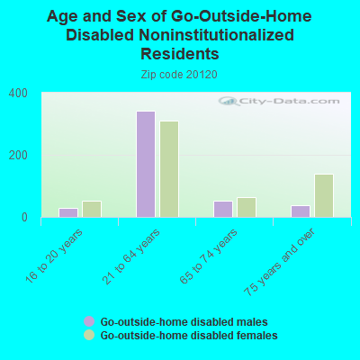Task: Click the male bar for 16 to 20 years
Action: pos(68,212)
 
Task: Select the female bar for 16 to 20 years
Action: pos(92,209)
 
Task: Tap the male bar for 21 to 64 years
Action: pos(146,164)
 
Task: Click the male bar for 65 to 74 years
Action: pos(223,209)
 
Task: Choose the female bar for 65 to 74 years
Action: pos(247,207)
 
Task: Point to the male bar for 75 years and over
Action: pos(301,211)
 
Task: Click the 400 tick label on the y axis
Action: pos(18,94)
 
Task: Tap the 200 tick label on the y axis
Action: pos(18,155)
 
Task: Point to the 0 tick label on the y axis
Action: pos(23,217)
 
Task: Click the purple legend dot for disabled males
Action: pos(89,321)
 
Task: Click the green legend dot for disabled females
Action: pos(89,335)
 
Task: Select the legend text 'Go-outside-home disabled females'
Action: pos(188,335)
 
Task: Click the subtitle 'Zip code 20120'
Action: pos(179,75)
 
